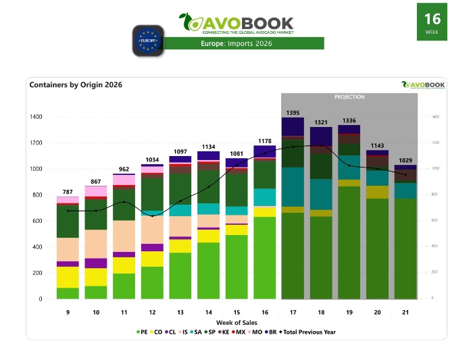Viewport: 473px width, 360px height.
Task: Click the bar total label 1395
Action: pyautogui.click(x=292, y=111)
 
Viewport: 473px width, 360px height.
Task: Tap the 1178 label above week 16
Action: pyautogui.click(x=264, y=140)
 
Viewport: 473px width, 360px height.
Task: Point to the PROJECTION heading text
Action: pyautogui.click(x=349, y=97)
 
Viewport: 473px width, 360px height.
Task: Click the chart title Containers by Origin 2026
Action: pyautogui.click(x=76, y=85)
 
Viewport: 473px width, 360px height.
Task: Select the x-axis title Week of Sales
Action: pyautogui.click(x=236, y=323)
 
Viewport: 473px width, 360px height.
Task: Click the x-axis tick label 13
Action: pyautogui.click(x=180, y=312)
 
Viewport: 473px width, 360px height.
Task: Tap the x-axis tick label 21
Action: pyautogui.click(x=405, y=312)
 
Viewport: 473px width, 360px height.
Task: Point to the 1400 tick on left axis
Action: pyautogui.click(x=35, y=117)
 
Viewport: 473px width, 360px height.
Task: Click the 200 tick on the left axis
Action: pyautogui.click(x=37, y=273)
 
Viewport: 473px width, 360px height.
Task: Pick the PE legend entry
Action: pyautogui.click(x=141, y=332)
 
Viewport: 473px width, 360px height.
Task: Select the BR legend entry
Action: pyautogui.click(x=272, y=332)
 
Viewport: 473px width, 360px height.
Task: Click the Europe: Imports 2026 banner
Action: pyautogui.click(x=245, y=44)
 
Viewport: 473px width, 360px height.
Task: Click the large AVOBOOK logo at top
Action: pyautogui.click(x=245, y=23)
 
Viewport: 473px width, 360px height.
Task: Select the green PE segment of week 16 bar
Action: pyautogui.click(x=264, y=257)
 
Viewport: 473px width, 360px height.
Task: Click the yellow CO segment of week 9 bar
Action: pyautogui.click(x=67, y=277)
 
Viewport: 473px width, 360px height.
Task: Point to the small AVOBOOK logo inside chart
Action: pyautogui.click(x=423, y=85)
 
